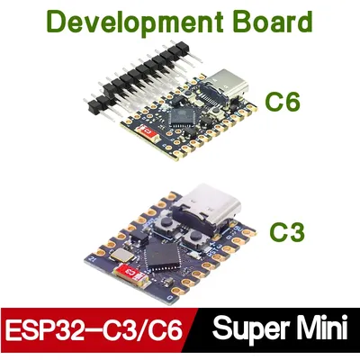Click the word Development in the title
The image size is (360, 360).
coord(135,22)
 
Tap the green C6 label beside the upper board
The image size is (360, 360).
coord(283,102)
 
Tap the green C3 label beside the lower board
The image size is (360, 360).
coord(287,231)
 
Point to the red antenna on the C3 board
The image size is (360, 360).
coord(130,273)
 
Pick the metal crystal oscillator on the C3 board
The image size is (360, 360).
coord(122,255)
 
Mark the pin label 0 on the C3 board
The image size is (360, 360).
coord(170,298)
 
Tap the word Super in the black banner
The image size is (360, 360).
coord(255,328)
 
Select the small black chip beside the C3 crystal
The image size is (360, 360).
coord(139,238)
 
